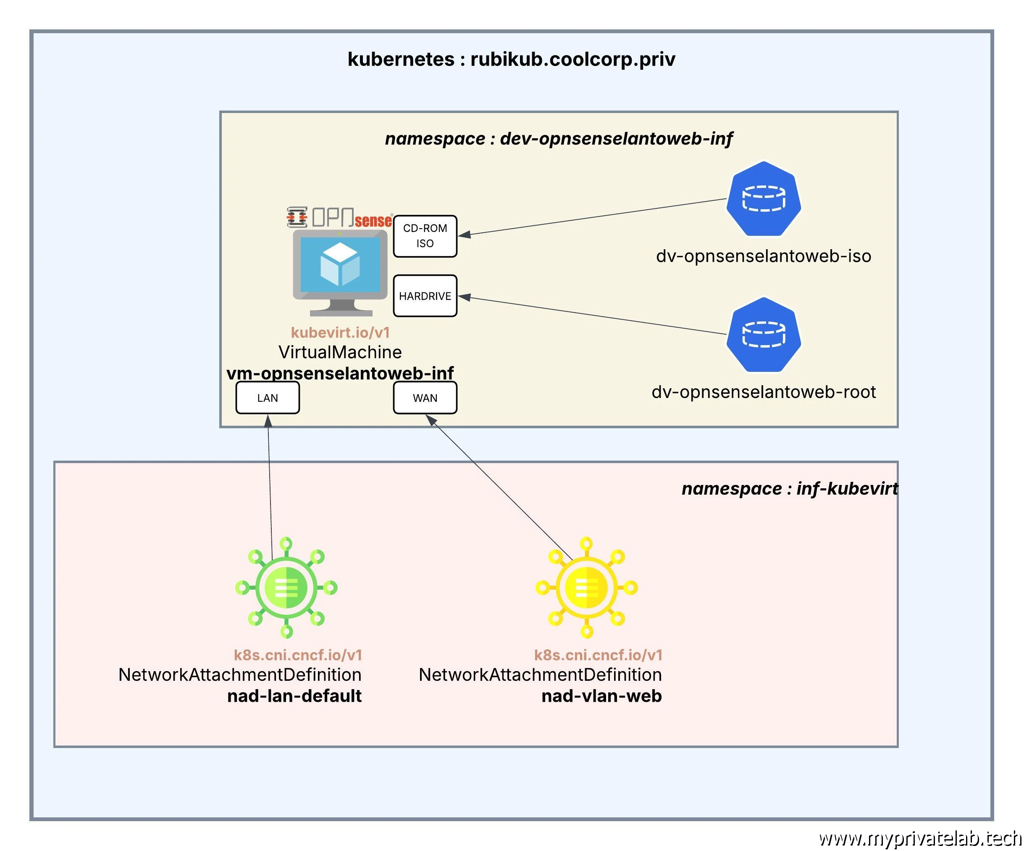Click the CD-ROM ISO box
[x=425, y=236]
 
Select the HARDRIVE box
[x=425, y=296]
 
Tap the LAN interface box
[x=267, y=398]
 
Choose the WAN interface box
[x=425, y=398]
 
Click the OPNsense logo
[x=340, y=218]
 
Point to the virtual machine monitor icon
[x=340, y=272]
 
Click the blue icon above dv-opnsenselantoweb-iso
[x=763, y=199]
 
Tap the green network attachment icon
[x=286, y=588]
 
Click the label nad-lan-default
[x=294, y=696]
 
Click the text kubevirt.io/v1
[x=340, y=332]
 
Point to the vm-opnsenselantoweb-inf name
[x=340, y=373]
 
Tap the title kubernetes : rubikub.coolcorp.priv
[x=511, y=59]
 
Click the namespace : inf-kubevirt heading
[x=789, y=488]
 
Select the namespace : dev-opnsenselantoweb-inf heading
[x=558, y=139]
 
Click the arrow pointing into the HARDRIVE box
[x=595, y=316]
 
